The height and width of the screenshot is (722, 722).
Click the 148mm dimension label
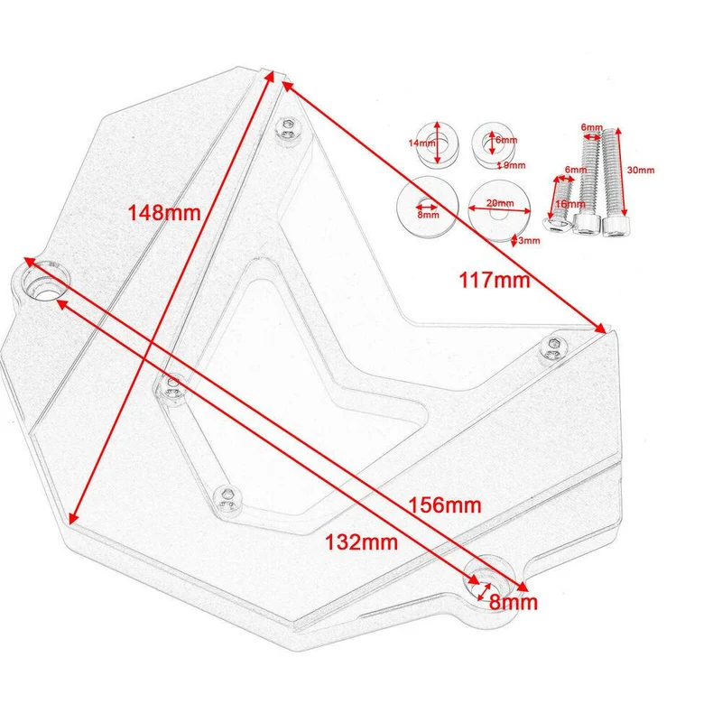pos(164,213)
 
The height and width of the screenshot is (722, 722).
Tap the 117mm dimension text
pos(495,280)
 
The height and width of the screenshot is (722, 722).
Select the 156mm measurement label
pos(445,505)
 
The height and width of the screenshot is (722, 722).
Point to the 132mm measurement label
pos(362,542)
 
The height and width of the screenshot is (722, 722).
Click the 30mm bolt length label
pos(641,170)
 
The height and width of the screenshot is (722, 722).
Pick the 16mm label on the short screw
pos(570,204)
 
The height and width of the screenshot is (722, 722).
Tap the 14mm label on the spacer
pos(421,143)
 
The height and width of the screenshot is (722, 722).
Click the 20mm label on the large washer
pos(500,203)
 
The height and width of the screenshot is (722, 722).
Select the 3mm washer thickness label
pos(529,240)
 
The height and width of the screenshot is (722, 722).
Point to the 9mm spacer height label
pos(514,165)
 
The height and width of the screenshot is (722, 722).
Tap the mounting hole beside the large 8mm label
pos(486,582)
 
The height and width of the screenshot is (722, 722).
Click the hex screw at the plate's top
pos(289,125)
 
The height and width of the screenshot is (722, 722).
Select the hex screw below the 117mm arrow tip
pos(553,347)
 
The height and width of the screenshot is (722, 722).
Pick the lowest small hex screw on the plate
pos(227,498)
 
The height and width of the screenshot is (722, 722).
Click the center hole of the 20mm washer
pos(500,212)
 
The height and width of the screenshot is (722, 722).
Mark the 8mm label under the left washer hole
pos(428,215)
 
